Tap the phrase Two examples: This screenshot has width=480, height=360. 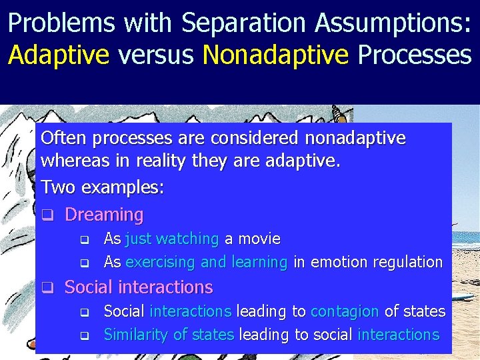pyautogui.click(x=103, y=187)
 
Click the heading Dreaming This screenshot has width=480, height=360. pyautogui.click(x=104, y=215)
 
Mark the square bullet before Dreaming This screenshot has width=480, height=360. pyautogui.click(x=47, y=215)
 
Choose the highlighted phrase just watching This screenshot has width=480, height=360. pyautogui.click(x=172, y=239)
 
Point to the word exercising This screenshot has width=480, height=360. pyautogui.click(x=161, y=262)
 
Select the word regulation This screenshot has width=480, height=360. pyautogui.click(x=407, y=262)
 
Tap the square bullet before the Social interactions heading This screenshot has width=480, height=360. pyautogui.click(x=47, y=288)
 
